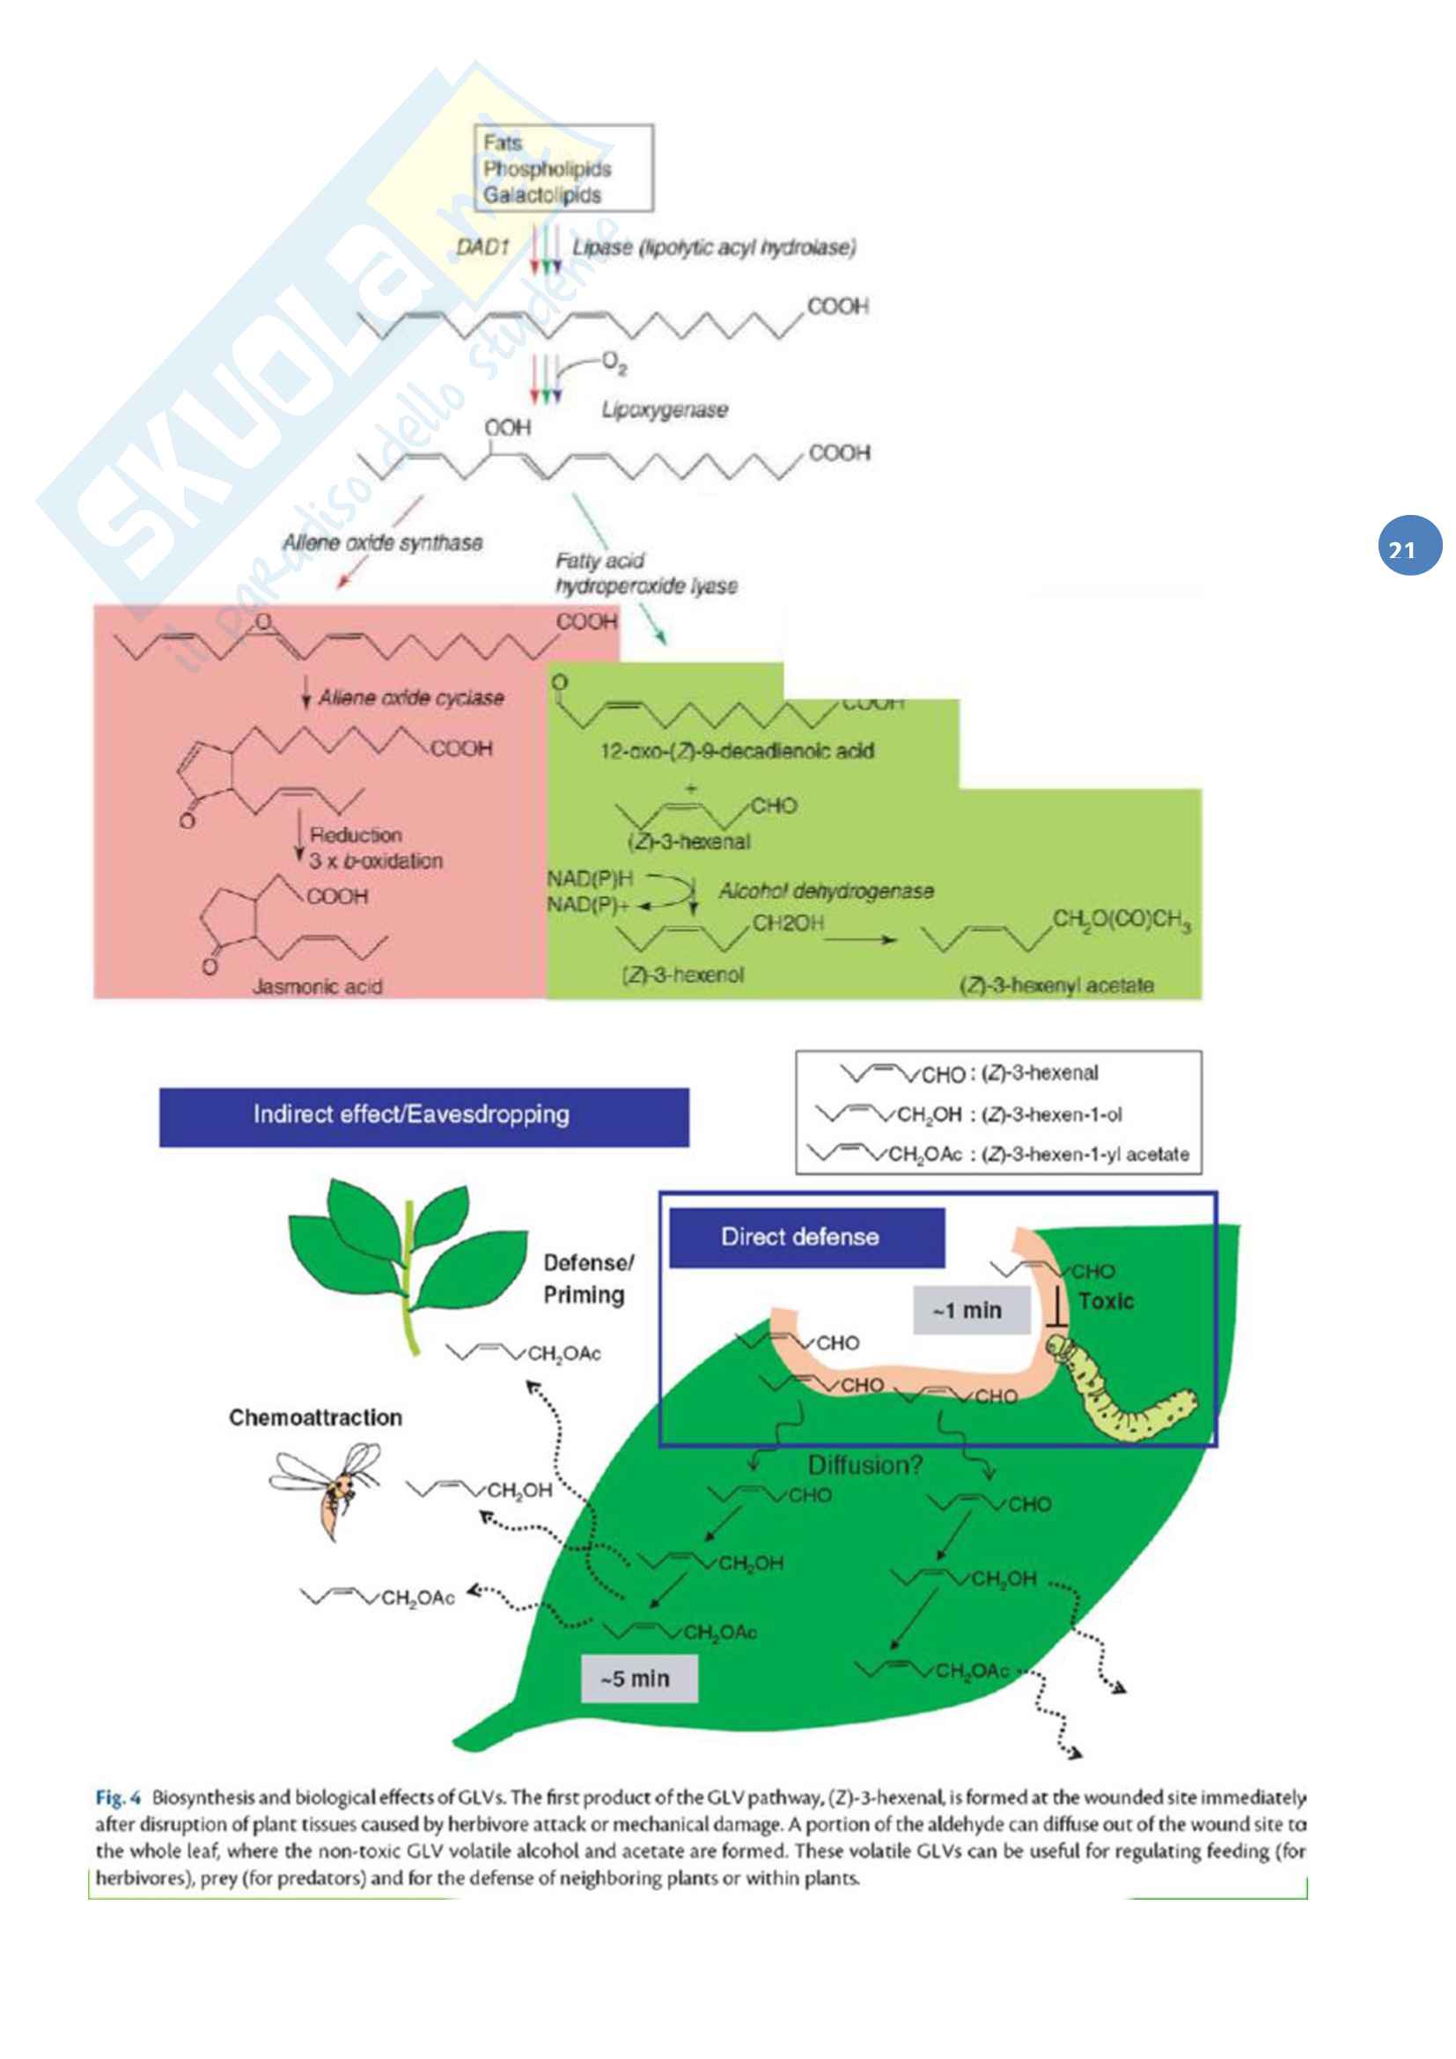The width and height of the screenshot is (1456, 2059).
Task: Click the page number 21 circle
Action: tap(1409, 544)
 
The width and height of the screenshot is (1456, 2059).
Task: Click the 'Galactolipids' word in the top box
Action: tap(541, 195)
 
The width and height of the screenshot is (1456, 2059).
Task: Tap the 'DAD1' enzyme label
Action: tap(482, 246)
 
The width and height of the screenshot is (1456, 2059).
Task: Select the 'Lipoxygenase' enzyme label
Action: tap(664, 410)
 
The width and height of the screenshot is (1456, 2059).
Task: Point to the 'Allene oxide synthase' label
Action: tap(383, 542)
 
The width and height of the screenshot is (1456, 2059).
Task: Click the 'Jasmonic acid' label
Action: tap(318, 987)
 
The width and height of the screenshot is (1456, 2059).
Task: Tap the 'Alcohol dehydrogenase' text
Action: tap(826, 891)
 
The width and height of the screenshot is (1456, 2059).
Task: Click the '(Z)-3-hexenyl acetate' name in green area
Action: tap(1056, 985)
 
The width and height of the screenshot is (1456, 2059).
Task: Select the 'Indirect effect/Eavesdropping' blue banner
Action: tap(424, 1115)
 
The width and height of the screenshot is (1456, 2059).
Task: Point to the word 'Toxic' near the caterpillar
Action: tap(1107, 1300)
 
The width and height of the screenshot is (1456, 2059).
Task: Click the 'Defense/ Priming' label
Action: tap(588, 1279)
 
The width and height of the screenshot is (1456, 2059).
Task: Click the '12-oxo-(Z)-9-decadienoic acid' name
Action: tap(737, 751)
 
